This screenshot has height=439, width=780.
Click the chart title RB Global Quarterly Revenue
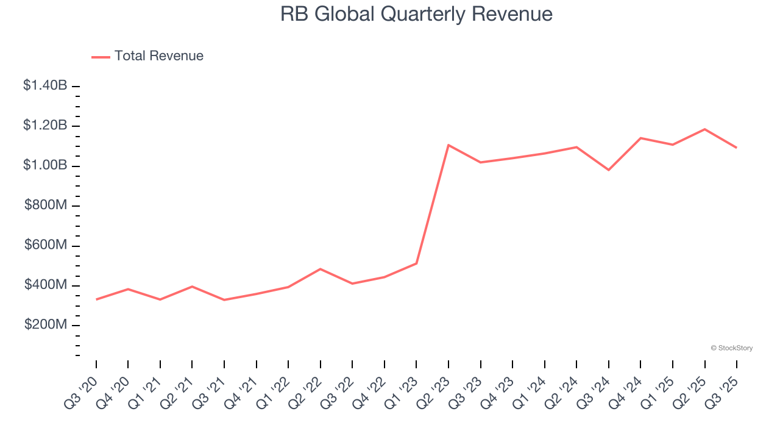pyautogui.click(x=416, y=15)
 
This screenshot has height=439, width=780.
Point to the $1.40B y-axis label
pyautogui.click(x=45, y=85)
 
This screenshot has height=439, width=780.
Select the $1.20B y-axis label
pyautogui.click(x=45, y=126)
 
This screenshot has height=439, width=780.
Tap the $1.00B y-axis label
pyautogui.click(x=45, y=165)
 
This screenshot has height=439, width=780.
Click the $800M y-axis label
pyautogui.click(x=46, y=205)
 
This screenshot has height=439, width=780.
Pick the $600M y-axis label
pyautogui.click(x=46, y=245)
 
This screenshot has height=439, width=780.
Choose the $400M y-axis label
pyautogui.click(x=46, y=285)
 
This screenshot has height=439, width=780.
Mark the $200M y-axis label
pyautogui.click(x=46, y=325)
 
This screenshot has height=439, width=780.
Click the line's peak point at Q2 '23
pyautogui.click(x=448, y=145)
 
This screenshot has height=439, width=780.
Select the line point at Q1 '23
pyautogui.click(x=416, y=263)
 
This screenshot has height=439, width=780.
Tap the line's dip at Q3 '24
pyautogui.click(x=609, y=170)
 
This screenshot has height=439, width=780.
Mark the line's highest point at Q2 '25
pyautogui.click(x=705, y=129)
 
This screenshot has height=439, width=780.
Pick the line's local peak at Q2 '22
pyautogui.click(x=321, y=269)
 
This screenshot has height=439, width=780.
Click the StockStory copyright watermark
pyautogui.click(x=731, y=348)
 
